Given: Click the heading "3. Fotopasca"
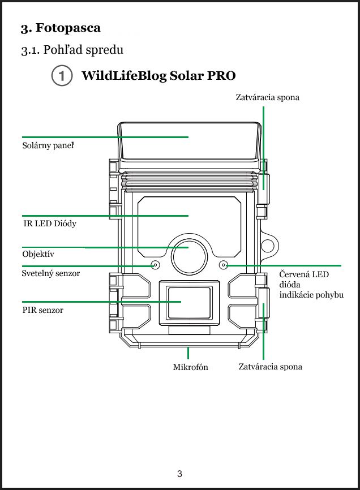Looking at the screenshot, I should (x=61, y=28).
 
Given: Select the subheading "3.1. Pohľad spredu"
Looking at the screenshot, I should (x=72, y=50).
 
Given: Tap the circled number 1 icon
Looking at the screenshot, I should (x=61, y=76).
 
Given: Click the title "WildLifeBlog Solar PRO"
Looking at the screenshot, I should (x=158, y=76).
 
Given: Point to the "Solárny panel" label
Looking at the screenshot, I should (x=48, y=146).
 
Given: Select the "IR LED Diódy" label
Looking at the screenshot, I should (x=50, y=223).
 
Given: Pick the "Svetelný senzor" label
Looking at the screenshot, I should (x=50, y=273).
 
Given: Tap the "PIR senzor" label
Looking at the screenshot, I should (x=42, y=311).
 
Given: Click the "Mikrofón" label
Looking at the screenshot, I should (x=190, y=367).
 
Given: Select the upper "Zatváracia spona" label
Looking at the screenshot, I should (x=267, y=97).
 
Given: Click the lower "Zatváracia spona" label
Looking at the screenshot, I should (x=270, y=367).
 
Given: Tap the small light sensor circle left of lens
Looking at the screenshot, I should (x=155, y=265).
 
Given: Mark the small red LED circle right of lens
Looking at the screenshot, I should (x=224, y=265).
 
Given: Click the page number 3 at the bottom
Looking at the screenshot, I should (x=179, y=474).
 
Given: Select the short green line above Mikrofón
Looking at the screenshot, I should (x=187, y=353).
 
